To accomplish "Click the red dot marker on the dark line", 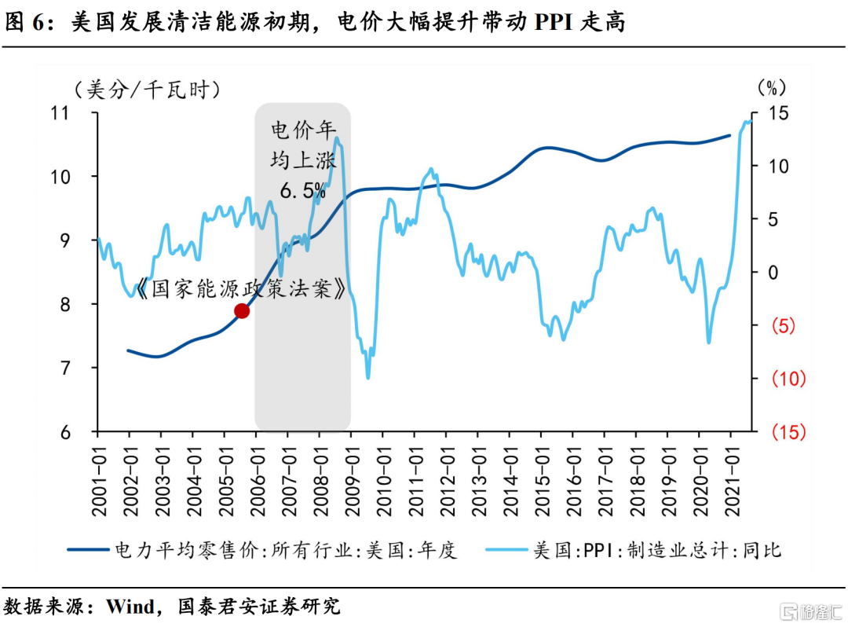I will [x=242, y=311].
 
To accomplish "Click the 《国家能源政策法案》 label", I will [x=240, y=289].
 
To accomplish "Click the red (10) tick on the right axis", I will [x=788, y=379].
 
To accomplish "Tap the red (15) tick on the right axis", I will [x=788, y=432].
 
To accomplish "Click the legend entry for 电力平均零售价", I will [x=286, y=549].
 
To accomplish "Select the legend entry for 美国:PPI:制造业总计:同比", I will [x=656, y=549].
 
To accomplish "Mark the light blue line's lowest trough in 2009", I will [x=367, y=377].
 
